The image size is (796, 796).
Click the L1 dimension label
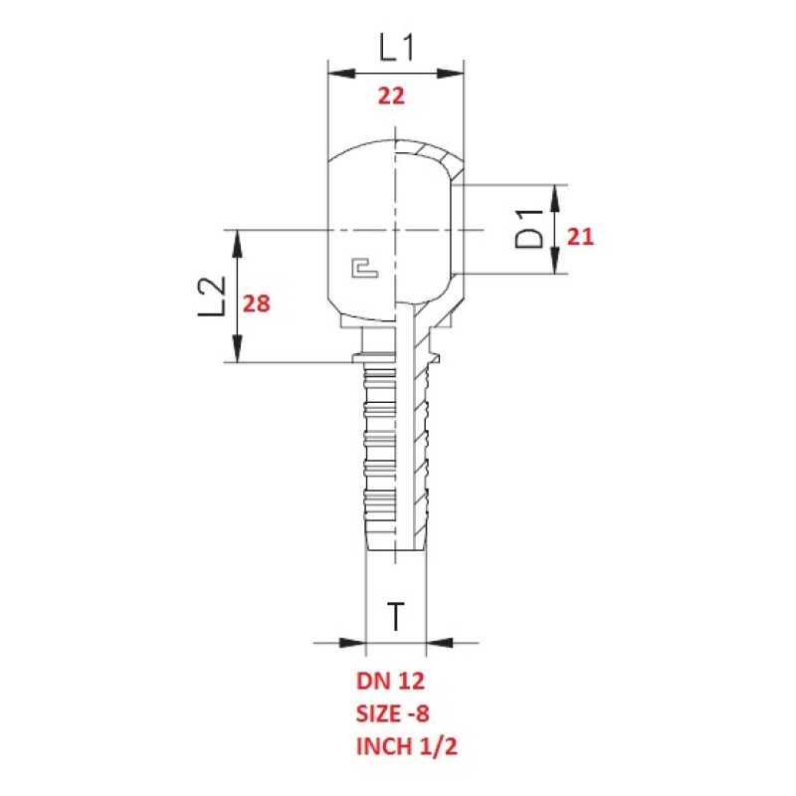click(x=396, y=48)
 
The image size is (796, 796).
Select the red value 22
click(x=391, y=96)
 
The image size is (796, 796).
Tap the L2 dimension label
click(x=212, y=297)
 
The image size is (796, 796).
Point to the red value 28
click(x=257, y=303)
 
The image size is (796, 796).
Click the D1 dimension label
click(x=528, y=230)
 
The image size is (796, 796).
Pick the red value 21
click(x=580, y=237)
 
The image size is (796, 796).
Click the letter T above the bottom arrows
click(x=396, y=616)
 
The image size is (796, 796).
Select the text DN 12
click(x=390, y=682)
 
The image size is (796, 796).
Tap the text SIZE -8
click(x=392, y=713)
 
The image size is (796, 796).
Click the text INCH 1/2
click(x=407, y=746)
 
